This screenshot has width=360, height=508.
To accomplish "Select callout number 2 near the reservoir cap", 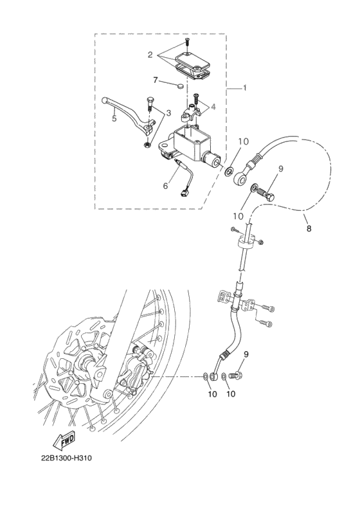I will click(x=149, y=55).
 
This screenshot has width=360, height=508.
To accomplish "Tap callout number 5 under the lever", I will click(x=114, y=119).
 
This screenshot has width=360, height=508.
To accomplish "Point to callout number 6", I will click(x=165, y=186).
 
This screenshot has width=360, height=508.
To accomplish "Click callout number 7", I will click(x=155, y=79).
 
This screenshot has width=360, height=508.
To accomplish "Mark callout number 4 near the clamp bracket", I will click(x=213, y=107).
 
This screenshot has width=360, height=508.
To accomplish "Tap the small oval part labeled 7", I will click(x=180, y=84).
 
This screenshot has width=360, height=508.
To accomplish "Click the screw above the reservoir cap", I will click(x=186, y=43).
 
